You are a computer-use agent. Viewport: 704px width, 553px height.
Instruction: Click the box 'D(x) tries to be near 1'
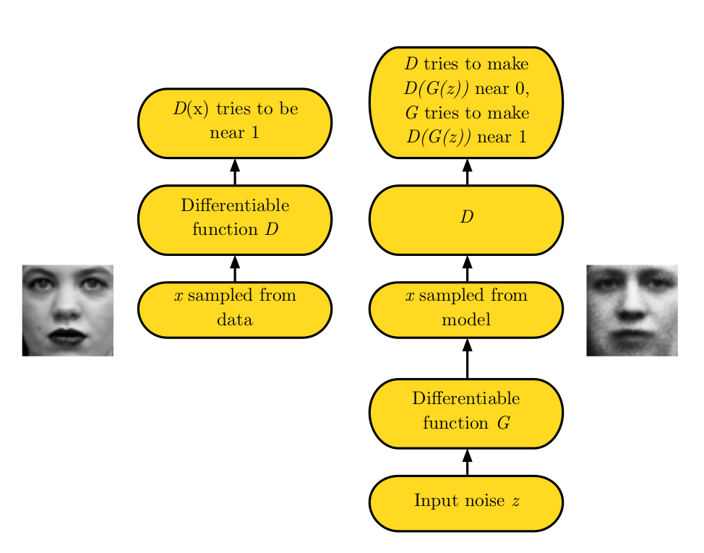tap(234, 123)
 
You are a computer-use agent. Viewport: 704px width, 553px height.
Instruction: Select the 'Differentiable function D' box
tap(234, 220)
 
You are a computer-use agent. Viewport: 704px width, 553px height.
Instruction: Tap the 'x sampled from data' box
tap(234, 309)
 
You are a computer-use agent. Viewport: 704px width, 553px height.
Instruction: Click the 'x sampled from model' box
tap(466, 309)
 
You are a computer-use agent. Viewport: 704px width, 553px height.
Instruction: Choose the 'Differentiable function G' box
tap(466, 413)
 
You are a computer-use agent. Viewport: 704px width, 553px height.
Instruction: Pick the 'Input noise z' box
tap(466, 502)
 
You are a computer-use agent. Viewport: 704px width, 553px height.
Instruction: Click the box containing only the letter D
tap(466, 220)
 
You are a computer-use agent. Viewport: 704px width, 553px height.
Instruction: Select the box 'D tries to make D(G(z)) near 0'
tap(466, 102)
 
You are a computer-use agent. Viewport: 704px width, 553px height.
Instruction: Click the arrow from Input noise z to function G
tap(466, 462)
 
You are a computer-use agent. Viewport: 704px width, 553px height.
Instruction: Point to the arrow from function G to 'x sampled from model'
tap(466, 358)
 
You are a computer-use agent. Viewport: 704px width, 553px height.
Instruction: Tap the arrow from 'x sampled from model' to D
tap(466, 268)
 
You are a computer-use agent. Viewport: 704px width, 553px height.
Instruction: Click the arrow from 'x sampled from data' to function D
tap(234, 268)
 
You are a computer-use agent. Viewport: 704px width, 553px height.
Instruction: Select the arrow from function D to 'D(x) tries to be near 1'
tap(234, 171)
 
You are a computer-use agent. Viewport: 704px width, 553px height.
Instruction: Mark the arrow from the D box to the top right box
tap(466, 171)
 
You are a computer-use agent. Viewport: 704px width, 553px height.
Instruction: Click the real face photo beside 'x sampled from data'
tap(67, 310)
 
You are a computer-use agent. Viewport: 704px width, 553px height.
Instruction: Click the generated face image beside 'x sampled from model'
tap(632, 310)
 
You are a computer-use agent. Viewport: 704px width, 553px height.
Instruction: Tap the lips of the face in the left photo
tap(66, 336)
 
